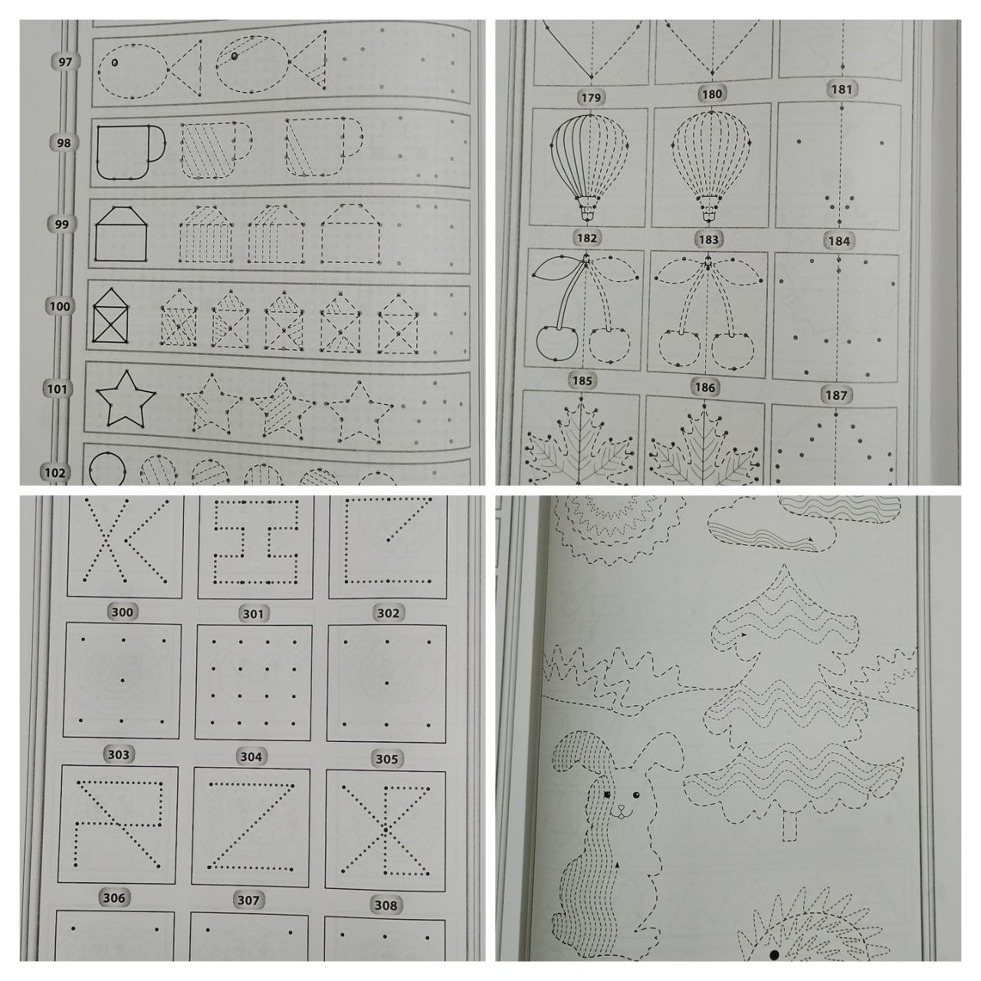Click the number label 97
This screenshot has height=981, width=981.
[x=65, y=62]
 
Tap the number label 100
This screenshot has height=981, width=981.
[x=60, y=307]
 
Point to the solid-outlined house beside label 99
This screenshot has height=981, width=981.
[x=121, y=235]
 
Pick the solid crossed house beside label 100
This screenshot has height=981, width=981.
[x=110, y=317]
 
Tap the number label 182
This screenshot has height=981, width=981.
[x=587, y=238]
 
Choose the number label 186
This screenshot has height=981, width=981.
[x=705, y=387]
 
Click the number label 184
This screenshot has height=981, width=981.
[x=839, y=241]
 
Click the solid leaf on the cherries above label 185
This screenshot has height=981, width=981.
[x=557, y=268]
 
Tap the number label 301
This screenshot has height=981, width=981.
[x=253, y=614]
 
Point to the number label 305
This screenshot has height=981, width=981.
[x=387, y=759]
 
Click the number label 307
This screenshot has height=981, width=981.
[x=248, y=900]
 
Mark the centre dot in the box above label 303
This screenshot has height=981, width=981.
[x=123, y=680]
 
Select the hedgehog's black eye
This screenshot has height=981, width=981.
[x=774, y=954]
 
